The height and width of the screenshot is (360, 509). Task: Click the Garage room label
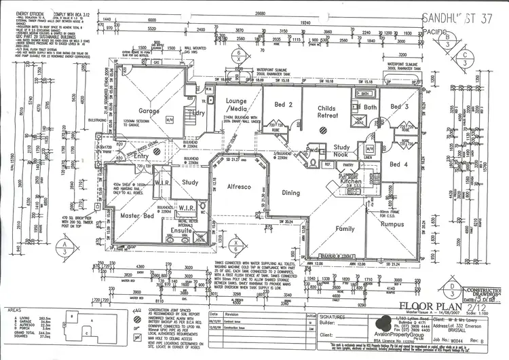coord(149,110)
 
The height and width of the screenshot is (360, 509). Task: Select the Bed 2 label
coord(283,105)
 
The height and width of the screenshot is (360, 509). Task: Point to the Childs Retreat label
coord(327,112)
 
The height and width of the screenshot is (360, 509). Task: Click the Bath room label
coord(370,107)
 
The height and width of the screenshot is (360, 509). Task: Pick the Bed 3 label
coord(398,107)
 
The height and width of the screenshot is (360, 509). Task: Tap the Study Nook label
coord(341,150)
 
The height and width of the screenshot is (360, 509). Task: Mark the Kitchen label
coord(352,182)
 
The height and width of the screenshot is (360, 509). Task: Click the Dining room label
coord(290,193)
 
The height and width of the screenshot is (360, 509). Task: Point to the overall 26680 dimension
coord(256,14)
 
